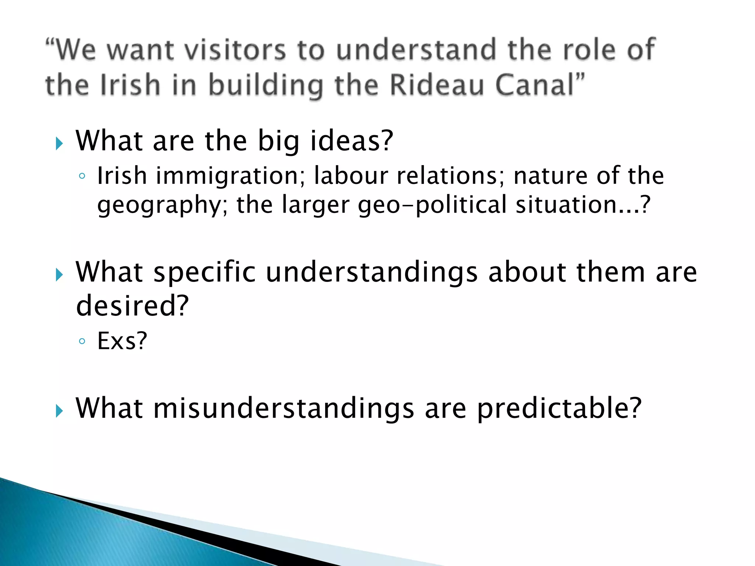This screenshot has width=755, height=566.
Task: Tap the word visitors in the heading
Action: [x=235, y=50]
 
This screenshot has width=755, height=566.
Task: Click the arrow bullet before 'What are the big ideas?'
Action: [x=59, y=143]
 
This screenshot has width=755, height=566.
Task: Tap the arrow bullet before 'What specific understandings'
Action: [x=59, y=275]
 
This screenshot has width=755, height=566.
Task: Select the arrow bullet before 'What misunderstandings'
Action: [x=59, y=410]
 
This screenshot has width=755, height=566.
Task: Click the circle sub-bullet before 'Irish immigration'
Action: [x=82, y=177]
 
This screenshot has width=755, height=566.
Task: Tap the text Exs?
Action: [x=122, y=341]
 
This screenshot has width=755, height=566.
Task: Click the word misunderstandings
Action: [x=284, y=409]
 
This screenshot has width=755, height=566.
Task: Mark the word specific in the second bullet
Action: [x=205, y=273]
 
